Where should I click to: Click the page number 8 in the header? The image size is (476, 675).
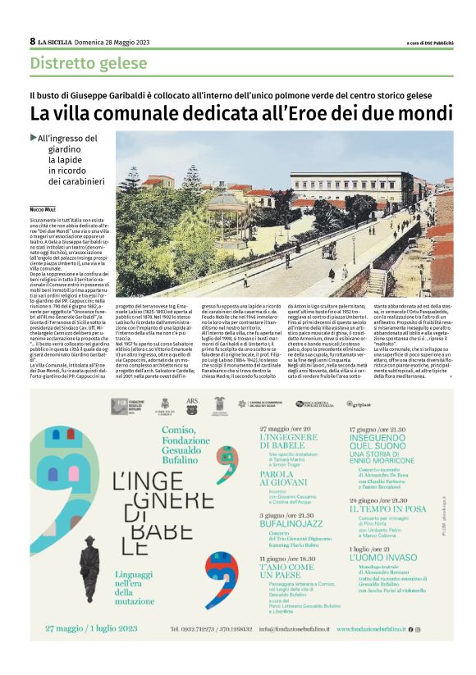tap(32, 41)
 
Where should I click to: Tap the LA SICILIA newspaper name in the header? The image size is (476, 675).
tap(54, 42)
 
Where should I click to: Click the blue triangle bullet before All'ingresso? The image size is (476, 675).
tap(33, 138)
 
